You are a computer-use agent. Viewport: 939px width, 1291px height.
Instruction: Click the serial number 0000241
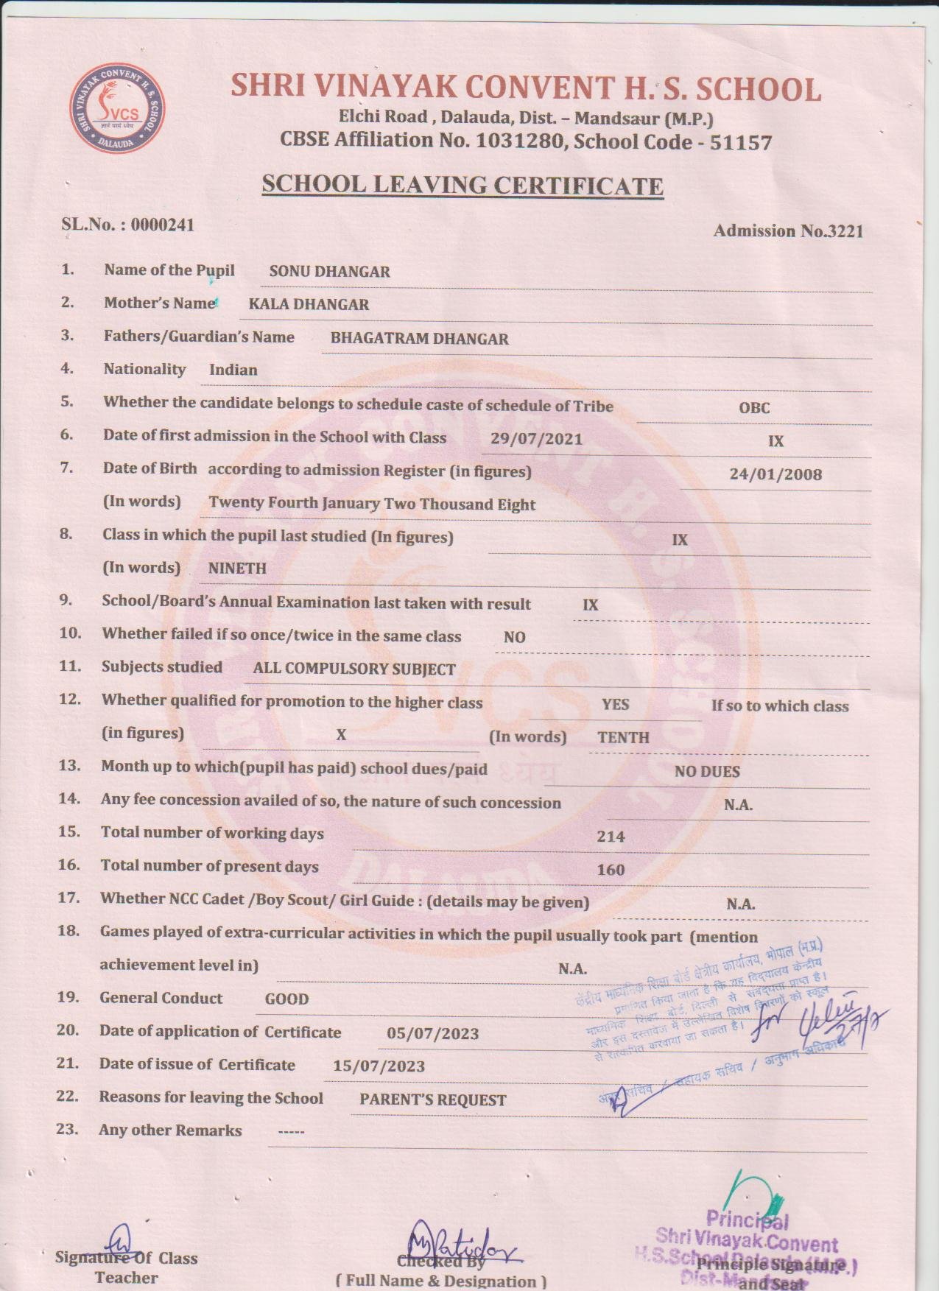[163, 225]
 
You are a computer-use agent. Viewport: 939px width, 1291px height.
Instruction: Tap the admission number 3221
[845, 231]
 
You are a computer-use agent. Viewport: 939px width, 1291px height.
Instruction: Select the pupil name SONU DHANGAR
[329, 272]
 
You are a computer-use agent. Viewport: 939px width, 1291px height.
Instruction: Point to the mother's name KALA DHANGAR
[309, 304]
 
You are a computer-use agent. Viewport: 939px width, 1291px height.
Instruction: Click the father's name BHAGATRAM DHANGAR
[419, 339]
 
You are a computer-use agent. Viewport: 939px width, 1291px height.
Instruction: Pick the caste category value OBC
[754, 407]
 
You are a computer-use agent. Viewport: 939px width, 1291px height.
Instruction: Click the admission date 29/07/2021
[536, 440]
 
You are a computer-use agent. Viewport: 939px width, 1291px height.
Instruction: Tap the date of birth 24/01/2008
[775, 474]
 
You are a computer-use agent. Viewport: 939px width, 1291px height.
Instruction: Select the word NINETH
[237, 569]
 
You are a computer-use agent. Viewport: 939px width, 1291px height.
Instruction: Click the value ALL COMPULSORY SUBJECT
[354, 669]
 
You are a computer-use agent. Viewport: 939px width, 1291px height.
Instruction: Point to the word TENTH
[623, 737]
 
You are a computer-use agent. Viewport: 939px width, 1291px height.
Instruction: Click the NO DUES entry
[707, 772]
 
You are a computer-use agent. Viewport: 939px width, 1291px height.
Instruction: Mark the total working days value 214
[611, 837]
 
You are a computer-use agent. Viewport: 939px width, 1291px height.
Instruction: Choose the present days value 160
[611, 870]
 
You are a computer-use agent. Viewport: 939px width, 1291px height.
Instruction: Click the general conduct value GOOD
[286, 999]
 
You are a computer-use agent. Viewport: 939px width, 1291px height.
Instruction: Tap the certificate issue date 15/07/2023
[379, 1066]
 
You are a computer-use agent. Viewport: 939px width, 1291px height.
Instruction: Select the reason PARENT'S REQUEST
[432, 1100]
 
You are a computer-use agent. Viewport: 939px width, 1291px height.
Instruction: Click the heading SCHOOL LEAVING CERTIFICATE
[463, 185]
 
